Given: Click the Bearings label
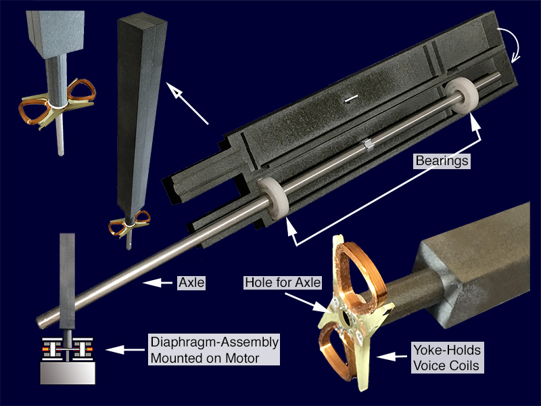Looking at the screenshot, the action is click(x=442, y=161).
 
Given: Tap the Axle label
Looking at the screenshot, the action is click(x=191, y=283).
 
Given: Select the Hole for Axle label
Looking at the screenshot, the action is click(x=283, y=282).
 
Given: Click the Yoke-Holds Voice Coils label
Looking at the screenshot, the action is click(x=447, y=357).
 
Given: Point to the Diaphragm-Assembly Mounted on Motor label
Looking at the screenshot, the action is click(x=214, y=349).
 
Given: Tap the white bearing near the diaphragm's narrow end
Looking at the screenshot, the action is click(x=273, y=198).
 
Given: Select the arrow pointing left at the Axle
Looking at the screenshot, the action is click(x=158, y=283).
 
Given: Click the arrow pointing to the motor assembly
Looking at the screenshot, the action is click(x=125, y=350).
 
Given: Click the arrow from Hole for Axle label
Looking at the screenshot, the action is click(x=306, y=302).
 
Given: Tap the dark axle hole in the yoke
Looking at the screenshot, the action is click(x=345, y=318).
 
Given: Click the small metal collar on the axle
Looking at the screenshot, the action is click(x=367, y=145).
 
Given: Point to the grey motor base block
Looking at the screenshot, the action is click(x=68, y=373).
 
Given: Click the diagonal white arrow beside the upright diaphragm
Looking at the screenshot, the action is click(x=187, y=103).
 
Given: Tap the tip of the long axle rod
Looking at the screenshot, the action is click(x=39, y=323).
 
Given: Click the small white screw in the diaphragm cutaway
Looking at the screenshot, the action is click(x=351, y=98).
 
